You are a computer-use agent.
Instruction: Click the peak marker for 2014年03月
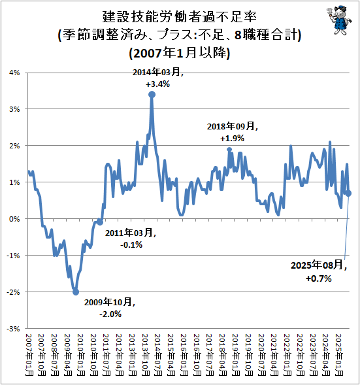click(x=152, y=95)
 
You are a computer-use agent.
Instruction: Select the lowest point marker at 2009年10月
click(x=76, y=292)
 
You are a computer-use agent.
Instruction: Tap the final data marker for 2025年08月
click(x=349, y=193)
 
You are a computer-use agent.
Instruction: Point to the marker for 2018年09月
click(x=229, y=150)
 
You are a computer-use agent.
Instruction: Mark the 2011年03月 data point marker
click(x=100, y=222)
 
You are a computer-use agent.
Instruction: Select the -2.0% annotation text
click(x=109, y=314)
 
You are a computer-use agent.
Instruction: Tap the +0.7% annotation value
click(x=318, y=278)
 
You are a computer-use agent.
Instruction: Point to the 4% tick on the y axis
click(x=14, y=73)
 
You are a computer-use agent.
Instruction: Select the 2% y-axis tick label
click(x=14, y=146)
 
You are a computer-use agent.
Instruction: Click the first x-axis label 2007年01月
click(x=29, y=356)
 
